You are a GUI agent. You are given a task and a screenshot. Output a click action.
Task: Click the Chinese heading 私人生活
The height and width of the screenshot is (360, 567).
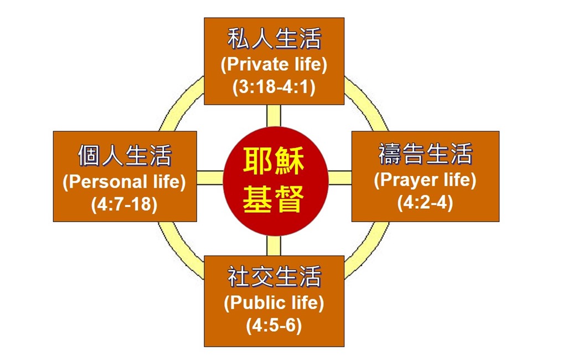[274, 40]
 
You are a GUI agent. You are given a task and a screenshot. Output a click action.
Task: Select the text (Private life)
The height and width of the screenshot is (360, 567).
[274, 64]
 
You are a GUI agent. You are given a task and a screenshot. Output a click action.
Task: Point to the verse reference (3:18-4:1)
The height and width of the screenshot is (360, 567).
[274, 88]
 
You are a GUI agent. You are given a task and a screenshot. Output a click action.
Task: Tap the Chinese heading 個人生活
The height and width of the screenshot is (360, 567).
[125, 156]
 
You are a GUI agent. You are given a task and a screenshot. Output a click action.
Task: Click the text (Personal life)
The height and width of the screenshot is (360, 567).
[125, 182]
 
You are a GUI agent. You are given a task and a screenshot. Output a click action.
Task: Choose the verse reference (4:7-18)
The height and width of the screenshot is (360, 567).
[125, 204]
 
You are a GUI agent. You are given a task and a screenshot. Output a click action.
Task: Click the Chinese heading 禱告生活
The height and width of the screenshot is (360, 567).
[425, 155]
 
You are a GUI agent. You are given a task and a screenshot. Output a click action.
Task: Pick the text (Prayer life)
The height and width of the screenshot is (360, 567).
[425, 180]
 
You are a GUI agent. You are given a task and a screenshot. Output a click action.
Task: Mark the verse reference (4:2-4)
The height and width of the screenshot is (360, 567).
[425, 203]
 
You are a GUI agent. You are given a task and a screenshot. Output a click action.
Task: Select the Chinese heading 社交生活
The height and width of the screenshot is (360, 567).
[274, 277]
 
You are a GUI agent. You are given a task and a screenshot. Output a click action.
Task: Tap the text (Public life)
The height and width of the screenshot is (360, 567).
[274, 303]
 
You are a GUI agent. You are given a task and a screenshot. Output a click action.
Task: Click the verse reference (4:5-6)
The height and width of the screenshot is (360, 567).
[274, 326]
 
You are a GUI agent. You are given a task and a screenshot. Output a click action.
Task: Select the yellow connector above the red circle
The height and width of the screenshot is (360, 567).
[274, 115]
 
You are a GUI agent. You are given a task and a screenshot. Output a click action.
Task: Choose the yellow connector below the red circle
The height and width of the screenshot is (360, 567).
[274, 246]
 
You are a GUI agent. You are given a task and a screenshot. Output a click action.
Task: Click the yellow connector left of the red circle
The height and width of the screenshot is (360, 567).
[210, 178]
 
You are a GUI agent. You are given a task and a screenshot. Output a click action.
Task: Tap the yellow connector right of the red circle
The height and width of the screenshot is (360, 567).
[340, 178]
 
